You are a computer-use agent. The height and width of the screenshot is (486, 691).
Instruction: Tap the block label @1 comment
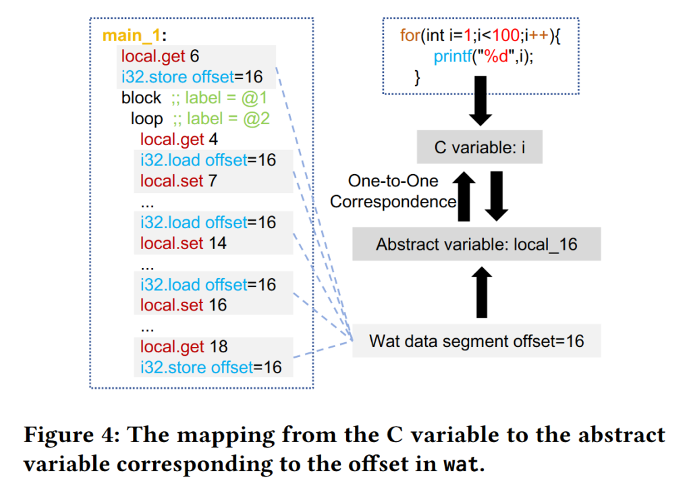219,98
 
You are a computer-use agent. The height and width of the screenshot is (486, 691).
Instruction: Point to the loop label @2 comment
221,119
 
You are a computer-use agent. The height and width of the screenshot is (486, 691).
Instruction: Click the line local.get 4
179,140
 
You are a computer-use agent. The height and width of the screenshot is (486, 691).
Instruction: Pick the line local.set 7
179,181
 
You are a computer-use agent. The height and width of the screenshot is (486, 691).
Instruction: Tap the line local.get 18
184,347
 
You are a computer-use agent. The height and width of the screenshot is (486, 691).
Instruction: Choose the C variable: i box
479,147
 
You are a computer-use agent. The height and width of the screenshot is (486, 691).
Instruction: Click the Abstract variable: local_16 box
476,244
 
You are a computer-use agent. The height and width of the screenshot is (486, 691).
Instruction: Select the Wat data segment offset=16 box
476,341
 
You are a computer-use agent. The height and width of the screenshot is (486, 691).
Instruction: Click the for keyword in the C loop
410,35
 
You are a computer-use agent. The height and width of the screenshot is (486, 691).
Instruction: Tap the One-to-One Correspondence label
393,191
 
